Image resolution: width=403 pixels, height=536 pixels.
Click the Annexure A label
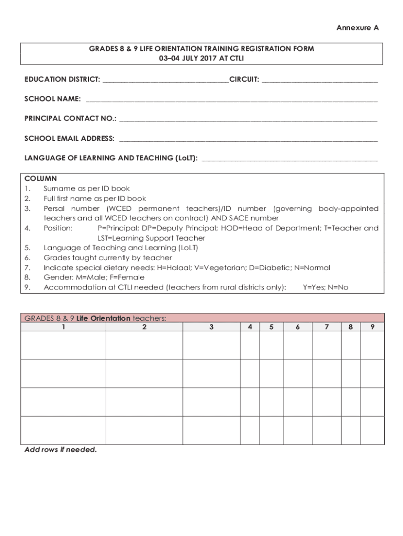[357, 28]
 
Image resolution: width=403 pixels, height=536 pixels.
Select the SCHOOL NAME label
[52, 99]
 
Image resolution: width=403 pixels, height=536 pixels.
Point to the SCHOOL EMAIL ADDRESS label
[69, 138]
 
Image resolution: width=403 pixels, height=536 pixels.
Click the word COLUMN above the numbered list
[40, 178]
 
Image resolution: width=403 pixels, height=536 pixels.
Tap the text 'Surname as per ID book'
[86, 188]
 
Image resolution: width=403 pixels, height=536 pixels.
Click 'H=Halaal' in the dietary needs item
[170, 267]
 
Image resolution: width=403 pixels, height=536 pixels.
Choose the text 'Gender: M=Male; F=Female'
[94, 277]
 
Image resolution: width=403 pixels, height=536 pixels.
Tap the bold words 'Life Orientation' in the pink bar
[103, 318]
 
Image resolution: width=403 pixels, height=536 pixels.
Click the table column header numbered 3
[211, 327]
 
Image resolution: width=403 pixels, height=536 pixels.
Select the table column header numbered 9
[372, 327]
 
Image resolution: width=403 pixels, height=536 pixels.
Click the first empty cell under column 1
[63, 345]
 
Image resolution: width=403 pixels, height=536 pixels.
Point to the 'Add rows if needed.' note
[61, 450]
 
